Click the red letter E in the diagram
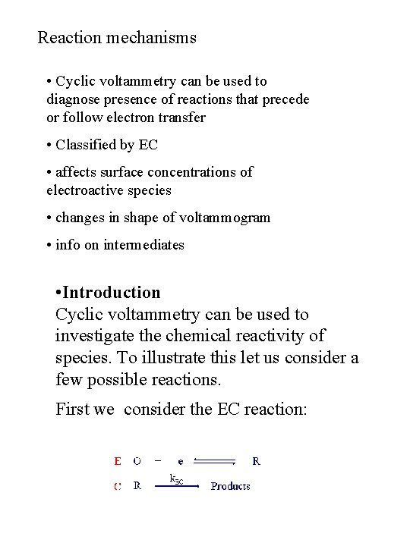[116, 460]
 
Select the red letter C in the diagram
[117, 486]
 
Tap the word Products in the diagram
[230, 486]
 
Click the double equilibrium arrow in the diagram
[216, 460]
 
